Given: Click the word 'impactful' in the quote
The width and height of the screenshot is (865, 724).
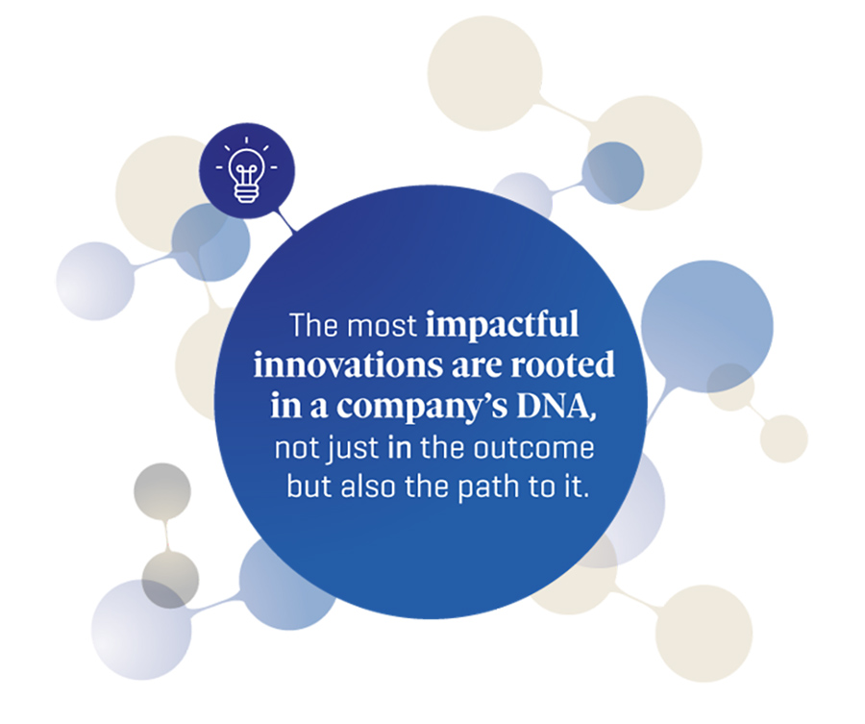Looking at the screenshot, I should coord(503,326).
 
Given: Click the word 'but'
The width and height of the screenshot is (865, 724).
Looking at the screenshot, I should coord(307,485).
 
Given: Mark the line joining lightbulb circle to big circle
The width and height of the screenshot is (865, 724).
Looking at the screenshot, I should coord(285,223).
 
